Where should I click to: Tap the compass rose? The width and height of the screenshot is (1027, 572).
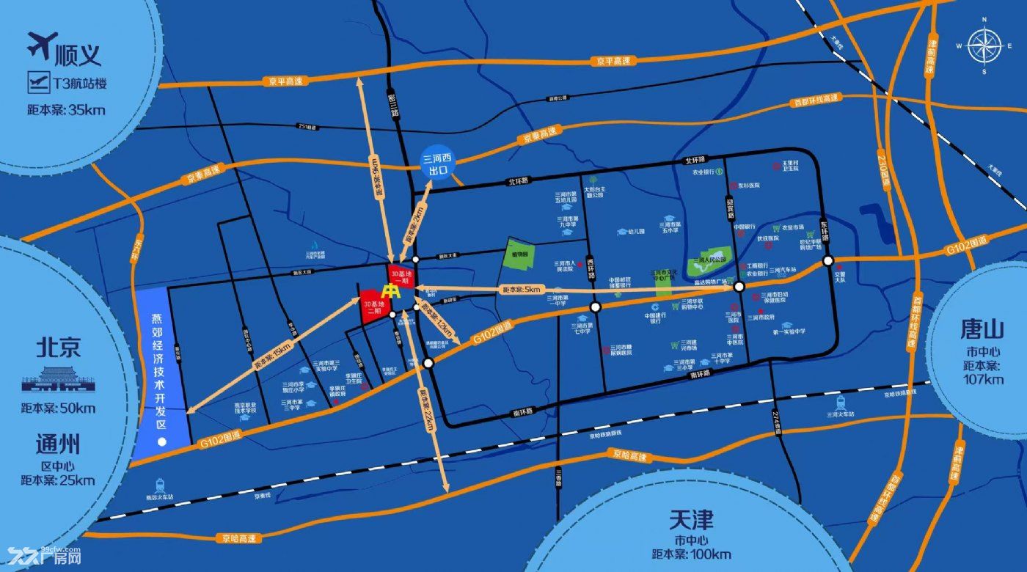(x=983, y=46)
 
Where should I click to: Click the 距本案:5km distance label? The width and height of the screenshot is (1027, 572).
(x=521, y=290)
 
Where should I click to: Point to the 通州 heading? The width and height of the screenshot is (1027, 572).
(x=57, y=444)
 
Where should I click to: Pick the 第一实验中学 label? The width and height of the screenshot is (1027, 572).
(x=789, y=331)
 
